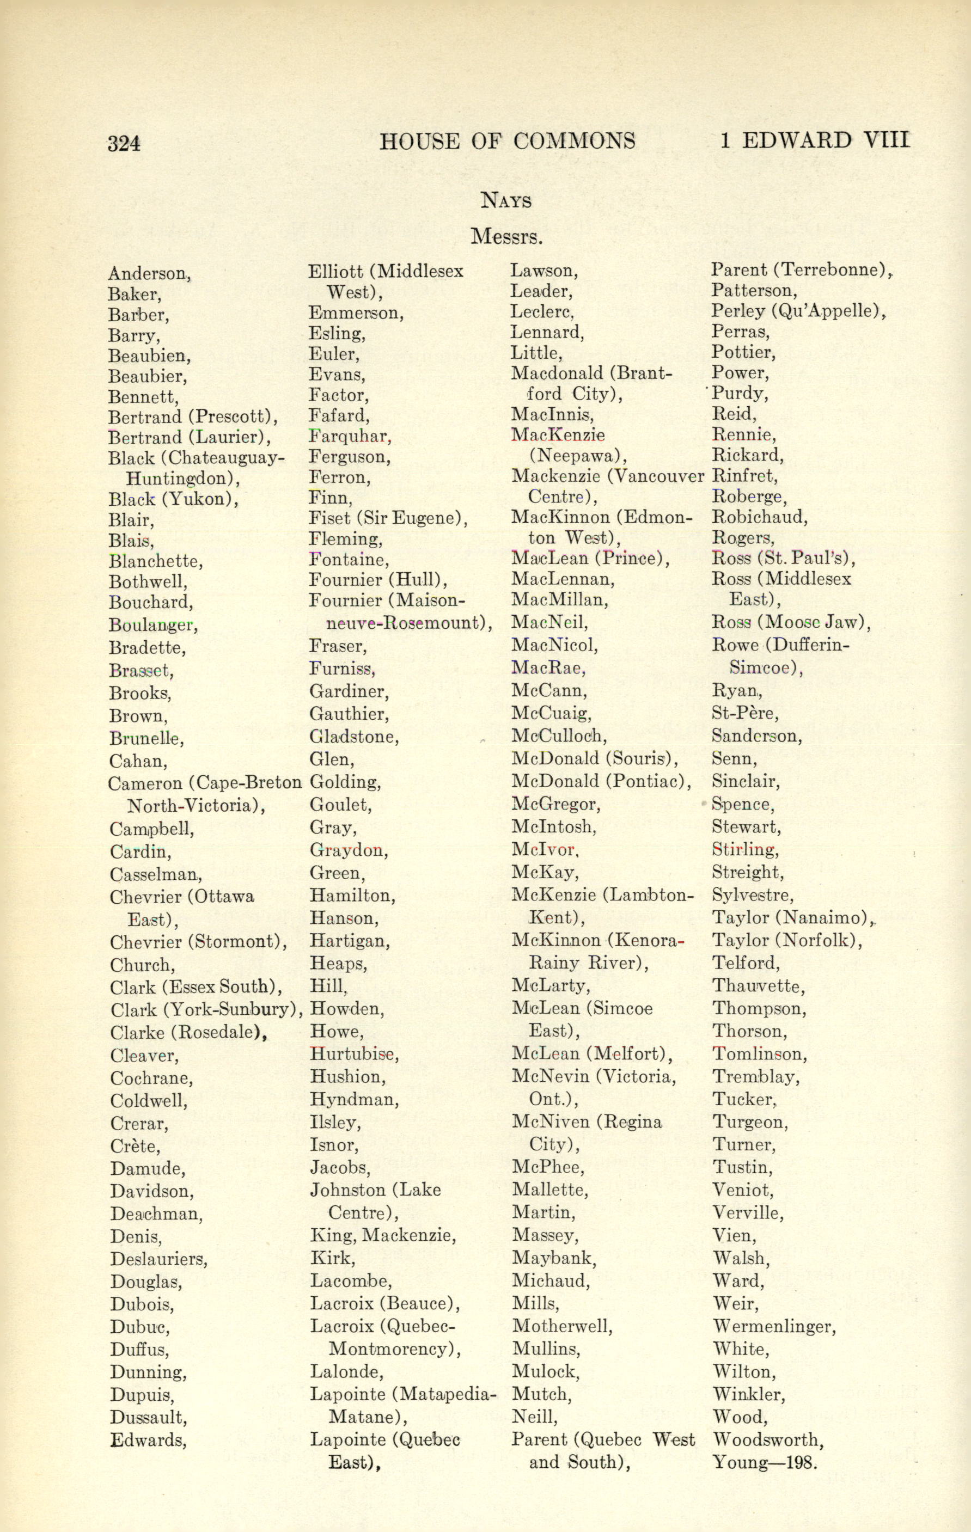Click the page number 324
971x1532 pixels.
tap(124, 143)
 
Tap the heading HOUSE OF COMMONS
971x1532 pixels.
tap(507, 140)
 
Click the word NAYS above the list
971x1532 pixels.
tap(506, 201)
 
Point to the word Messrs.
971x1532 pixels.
tap(506, 237)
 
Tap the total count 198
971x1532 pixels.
tap(801, 1463)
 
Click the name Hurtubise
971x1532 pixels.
tap(353, 1054)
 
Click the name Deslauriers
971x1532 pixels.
tap(158, 1259)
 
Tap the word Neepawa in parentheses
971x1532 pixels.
tap(577, 456)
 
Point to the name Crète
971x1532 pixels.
tap(135, 1146)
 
